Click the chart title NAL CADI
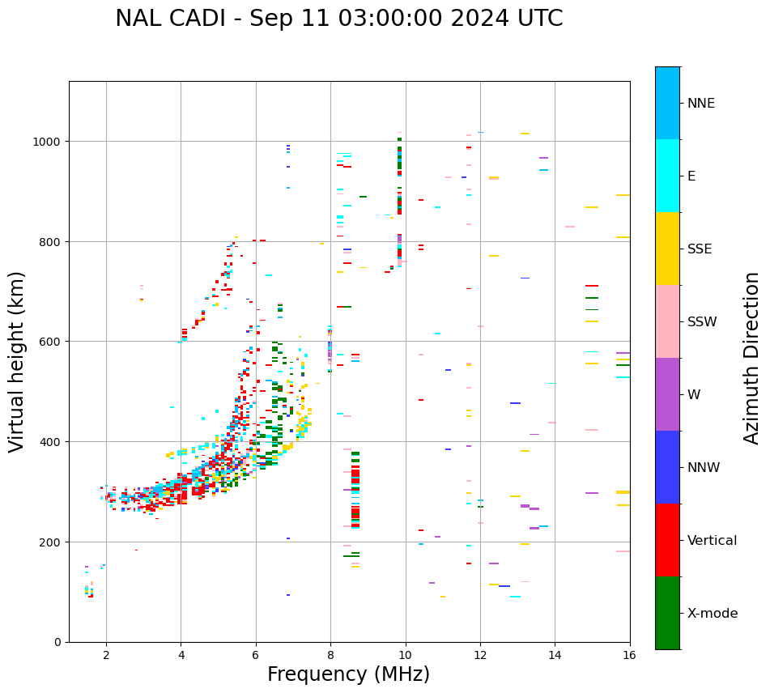(338, 19)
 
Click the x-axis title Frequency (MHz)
(348, 674)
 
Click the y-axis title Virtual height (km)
(17, 361)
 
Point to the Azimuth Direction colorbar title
(752, 357)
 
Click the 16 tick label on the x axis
(630, 655)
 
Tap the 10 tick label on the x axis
(405, 655)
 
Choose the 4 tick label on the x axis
(181, 655)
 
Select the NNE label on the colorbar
(701, 104)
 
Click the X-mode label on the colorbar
(713, 614)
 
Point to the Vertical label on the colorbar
(712, 541)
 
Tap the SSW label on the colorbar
(702, 322)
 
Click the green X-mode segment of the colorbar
(667, 613)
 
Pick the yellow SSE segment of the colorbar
(667, 249)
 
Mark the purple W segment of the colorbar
(667, 394)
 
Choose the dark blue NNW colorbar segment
(667, 467)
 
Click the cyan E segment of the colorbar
(667, 176)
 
